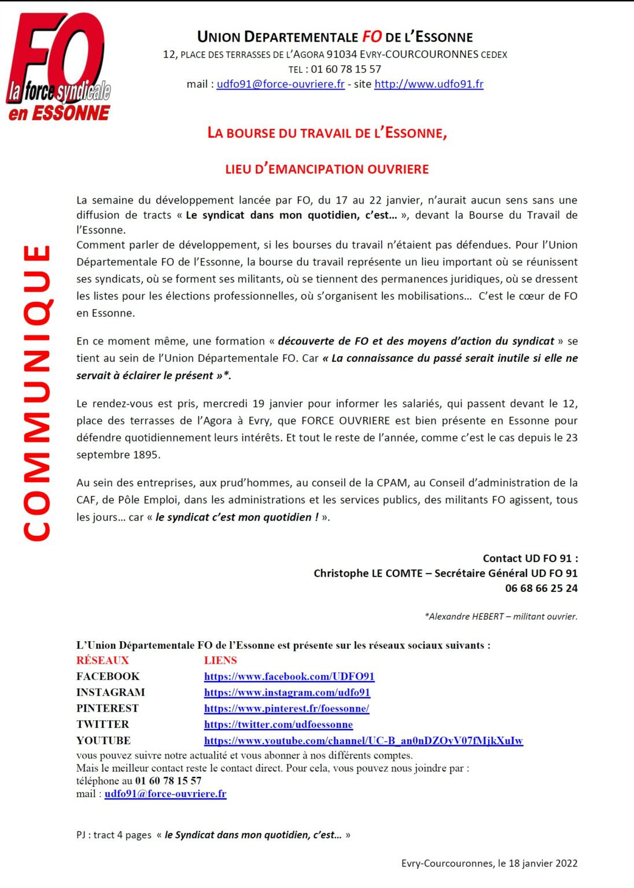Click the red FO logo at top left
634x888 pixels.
(x=58, y=66)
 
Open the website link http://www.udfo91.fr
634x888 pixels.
(x=429, y=84)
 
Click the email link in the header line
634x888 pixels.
(x=281, y=84)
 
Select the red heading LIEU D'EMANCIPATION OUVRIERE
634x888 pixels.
(x=327, y=169)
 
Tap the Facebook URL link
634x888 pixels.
(x=289, y=676)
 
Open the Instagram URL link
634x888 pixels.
(x=287, y=693)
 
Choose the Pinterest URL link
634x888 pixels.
(x=286, y=708)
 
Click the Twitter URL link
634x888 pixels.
(x=278, y=724)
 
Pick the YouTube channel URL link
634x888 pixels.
(x=363, y=741)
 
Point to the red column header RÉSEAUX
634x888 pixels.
(x=102, y=660)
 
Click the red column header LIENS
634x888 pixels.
(x=220, y=660)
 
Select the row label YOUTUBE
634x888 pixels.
(x=104, y=741)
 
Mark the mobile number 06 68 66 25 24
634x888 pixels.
(x=541, y=589)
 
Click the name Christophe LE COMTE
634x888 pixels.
(x=368, y=573)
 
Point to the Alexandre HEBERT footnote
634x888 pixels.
(x=501, y=617)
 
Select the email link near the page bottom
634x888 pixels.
(x=165, y=794)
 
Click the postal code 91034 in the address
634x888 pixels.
(x=341, y=55)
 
